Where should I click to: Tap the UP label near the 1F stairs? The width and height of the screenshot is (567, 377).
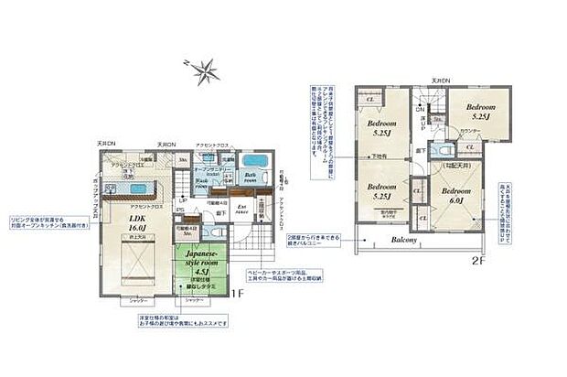183,200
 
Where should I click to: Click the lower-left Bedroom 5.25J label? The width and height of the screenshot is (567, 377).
381,193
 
